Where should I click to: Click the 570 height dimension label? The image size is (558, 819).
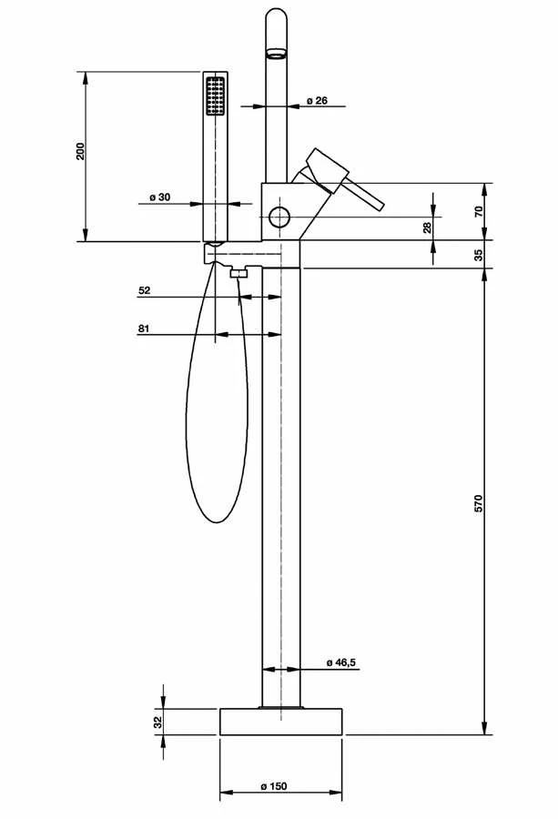coord(479,502)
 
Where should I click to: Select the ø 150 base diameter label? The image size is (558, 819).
coord(274,786)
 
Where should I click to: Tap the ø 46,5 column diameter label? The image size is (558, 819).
coord(340,662)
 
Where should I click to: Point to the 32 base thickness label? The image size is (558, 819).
coord(158,722)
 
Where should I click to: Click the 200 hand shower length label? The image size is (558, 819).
coord(80,150)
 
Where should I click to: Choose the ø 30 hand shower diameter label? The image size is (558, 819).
coord(160,197)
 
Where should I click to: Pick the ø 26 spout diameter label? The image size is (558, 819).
coord(317,100)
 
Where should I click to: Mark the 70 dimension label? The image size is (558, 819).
coord(479,211)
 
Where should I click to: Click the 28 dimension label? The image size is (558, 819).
coord(427,227)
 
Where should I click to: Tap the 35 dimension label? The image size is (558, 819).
coord(479,255)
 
